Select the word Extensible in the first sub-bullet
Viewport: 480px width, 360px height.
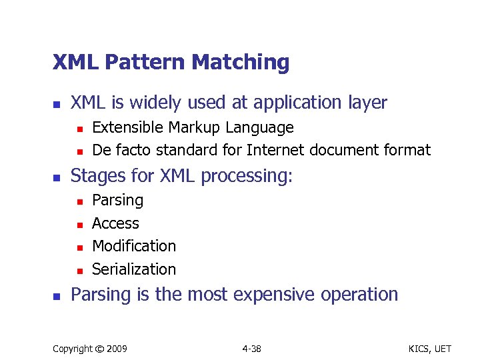pos(128,127)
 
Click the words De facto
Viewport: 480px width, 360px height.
pos(115,151)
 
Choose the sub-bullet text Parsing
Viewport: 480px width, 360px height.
pos(117,200)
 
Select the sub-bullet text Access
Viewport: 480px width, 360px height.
pos(115,223)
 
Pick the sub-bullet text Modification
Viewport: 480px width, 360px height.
pos(134,246)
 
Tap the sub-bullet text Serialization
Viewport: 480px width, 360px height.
pos(134,269)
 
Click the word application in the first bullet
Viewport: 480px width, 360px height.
pos(290,103)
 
